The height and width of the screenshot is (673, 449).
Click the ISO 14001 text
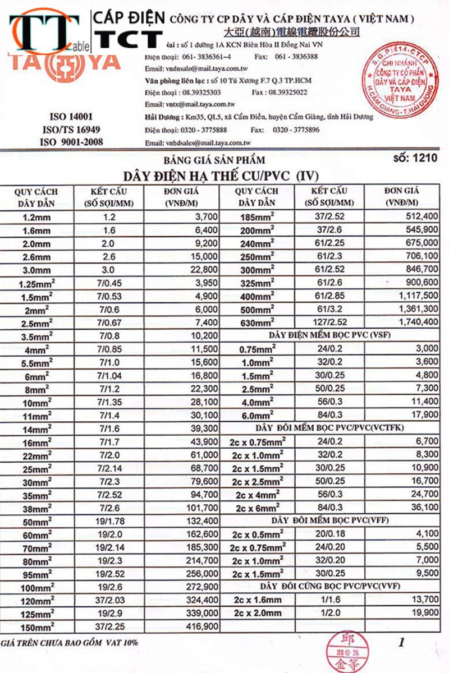(x=71, y=117)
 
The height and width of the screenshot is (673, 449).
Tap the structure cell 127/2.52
(x=332, y=322)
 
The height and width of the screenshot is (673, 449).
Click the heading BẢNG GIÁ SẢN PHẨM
(x=214, y=160)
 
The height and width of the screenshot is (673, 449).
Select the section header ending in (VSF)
(x=329, y=335)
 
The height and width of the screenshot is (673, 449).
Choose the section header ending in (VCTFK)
(x=330, y=427)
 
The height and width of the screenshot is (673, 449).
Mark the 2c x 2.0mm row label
(x=256, y=612)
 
